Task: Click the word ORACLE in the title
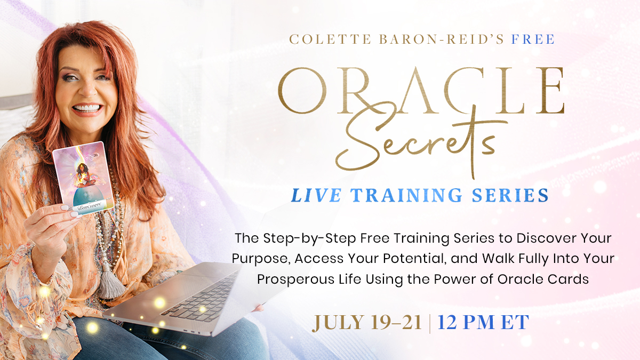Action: (421, 92)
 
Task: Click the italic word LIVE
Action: (316, 195)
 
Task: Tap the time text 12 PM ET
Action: (483, 323)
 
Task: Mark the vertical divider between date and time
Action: (430, 323)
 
